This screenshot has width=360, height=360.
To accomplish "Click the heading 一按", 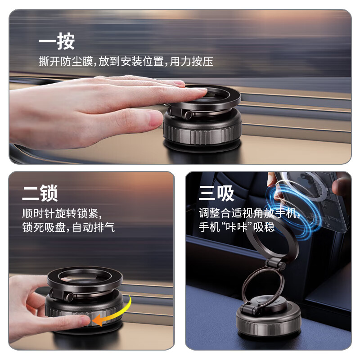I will [x=56, y=42].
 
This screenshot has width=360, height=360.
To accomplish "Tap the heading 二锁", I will [x=40, y=193].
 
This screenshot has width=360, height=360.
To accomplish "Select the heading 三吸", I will [x=216, y=193].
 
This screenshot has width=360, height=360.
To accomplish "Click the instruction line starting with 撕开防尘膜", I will [x=126, y=62].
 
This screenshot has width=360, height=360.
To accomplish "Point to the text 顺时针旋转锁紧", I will [x=63, y=212].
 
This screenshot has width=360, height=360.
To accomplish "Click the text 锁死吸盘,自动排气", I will [x=68, y=227].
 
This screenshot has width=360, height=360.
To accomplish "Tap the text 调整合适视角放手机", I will [x=249, y=212].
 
